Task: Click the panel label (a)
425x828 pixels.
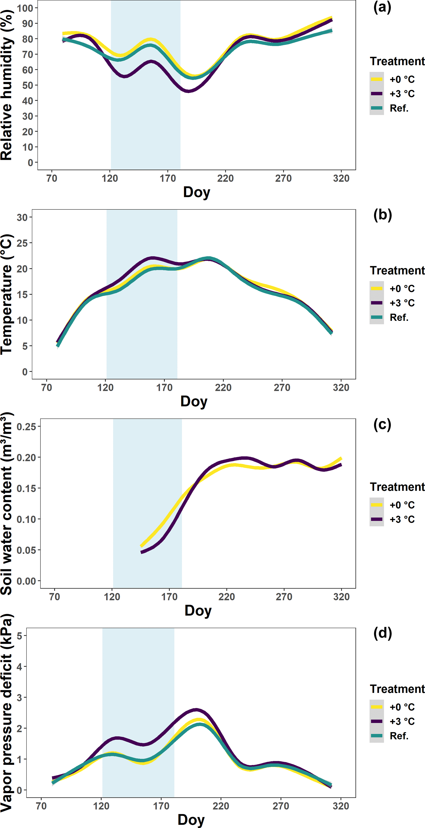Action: pyautogui.click(x=382, y=7)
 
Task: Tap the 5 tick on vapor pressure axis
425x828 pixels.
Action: pyautogui.click(x=19, y=635)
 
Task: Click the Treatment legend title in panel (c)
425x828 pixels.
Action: pyautogui.click(x=397, y=487)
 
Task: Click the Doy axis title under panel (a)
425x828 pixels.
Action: pyautogui.click(x=197, y=192)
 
